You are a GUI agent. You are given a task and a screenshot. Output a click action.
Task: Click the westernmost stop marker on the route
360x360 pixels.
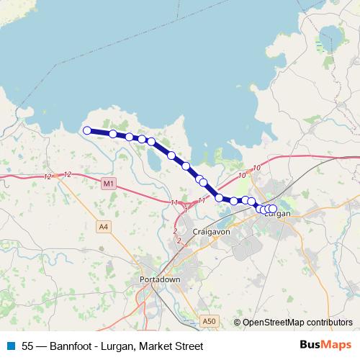[87, 130]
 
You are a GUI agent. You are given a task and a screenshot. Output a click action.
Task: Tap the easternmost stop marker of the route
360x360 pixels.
[273, 209]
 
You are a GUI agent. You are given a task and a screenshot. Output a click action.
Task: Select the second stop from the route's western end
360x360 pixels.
[113, 134]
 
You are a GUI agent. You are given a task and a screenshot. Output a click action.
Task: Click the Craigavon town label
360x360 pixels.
[210, 232]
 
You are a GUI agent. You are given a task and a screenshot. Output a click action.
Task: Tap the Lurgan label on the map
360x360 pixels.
[278, 215]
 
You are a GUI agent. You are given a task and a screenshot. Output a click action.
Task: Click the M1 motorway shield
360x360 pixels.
[109, 184]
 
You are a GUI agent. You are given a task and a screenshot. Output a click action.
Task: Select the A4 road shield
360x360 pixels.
[104, 227]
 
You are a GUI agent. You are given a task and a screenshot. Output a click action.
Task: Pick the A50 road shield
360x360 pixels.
[208, 321]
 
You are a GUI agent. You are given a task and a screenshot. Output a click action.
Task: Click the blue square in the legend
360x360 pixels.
[10, 346]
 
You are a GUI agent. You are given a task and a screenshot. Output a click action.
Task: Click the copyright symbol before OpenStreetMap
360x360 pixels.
[237, 323]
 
